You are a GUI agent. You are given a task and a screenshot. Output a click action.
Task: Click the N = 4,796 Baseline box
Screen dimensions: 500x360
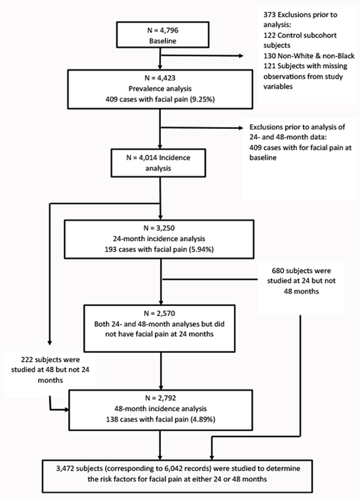tap(162, 40)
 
